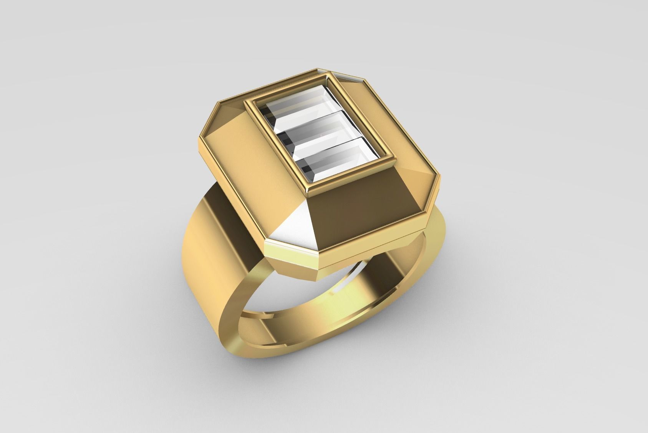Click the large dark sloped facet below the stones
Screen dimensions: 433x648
(x=357, y=208)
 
